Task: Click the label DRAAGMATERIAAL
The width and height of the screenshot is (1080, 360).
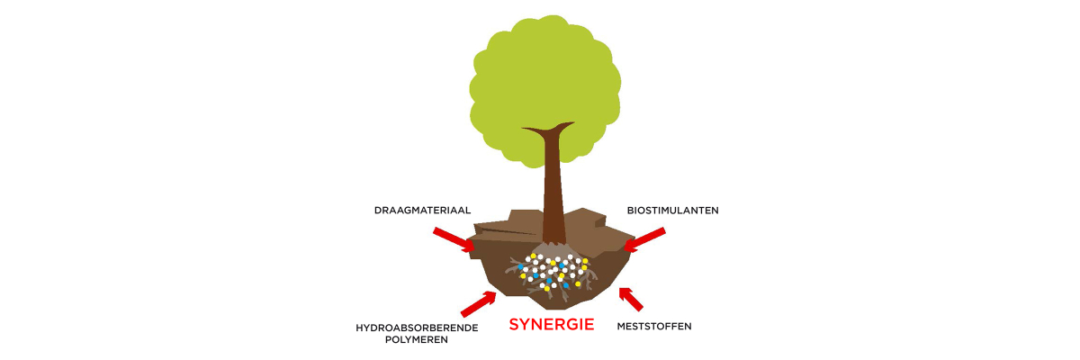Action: point(422,211)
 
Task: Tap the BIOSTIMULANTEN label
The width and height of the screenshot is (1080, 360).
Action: point(672,211)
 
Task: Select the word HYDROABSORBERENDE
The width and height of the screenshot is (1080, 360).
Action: point(417,328)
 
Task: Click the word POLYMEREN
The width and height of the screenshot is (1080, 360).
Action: point(417,340)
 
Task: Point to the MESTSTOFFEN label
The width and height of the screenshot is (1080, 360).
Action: point(654,327)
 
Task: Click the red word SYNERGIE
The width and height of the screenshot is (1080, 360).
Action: point(552,325)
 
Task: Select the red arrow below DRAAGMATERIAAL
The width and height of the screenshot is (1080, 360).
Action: point(454,239)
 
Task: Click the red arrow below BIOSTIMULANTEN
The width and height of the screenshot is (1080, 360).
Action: point(644,239)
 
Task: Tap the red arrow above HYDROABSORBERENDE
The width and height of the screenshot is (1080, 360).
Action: point(478,304)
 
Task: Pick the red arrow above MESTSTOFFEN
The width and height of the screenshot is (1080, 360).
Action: point(631,300)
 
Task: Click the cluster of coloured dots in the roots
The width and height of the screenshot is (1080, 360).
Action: point(553,273)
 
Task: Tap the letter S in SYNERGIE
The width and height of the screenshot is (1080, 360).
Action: point(515,325)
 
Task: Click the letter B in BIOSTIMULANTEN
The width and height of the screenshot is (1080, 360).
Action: point(631,211)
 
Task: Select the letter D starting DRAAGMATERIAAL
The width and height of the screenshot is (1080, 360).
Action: point(378,211)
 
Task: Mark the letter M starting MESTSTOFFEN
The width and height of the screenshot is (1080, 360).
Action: point(622,327)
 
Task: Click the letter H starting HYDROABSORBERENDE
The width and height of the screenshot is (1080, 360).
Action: point(360,328)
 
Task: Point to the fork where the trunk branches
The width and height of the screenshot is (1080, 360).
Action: point(548,131)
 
